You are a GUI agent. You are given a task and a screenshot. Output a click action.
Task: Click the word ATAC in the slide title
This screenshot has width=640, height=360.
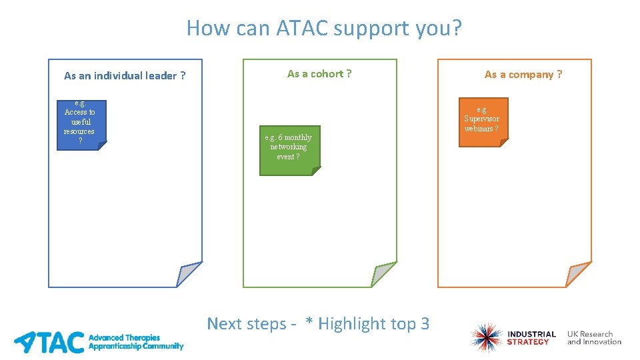coord(297,28)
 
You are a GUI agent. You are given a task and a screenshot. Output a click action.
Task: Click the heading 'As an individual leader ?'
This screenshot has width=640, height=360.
coord(125,76)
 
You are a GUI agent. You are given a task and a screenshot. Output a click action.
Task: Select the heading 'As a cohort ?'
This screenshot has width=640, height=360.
coord(319,74)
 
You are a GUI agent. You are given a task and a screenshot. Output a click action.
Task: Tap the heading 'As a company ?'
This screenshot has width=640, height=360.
coord(523,75)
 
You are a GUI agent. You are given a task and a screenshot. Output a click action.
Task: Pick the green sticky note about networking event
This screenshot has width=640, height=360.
coord(289,150)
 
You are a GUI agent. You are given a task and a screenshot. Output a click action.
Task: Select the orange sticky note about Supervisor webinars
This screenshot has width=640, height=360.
coord(483,121)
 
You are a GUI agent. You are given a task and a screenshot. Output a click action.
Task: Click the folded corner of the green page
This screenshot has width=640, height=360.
coord(383,275)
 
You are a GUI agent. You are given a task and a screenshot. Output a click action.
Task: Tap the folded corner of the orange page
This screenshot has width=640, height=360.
coord(577,275)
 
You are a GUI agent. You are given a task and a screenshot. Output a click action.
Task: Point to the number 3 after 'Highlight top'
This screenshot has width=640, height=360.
coord(425,324)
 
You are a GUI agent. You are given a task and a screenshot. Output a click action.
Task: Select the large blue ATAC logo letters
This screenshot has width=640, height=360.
coord(50,341)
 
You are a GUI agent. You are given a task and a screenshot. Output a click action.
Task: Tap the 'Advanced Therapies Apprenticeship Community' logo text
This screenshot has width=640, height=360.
coord(135,342)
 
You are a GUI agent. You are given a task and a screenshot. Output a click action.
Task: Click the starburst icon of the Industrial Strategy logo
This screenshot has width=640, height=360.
coord(485,338)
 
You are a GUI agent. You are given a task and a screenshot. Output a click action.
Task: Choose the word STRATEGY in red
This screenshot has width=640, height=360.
coord(528,342)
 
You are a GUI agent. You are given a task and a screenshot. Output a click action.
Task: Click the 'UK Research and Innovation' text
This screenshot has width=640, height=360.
coord(594,338)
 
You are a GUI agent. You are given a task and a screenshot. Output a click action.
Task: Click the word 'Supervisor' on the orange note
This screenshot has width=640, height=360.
coord(481,119)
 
